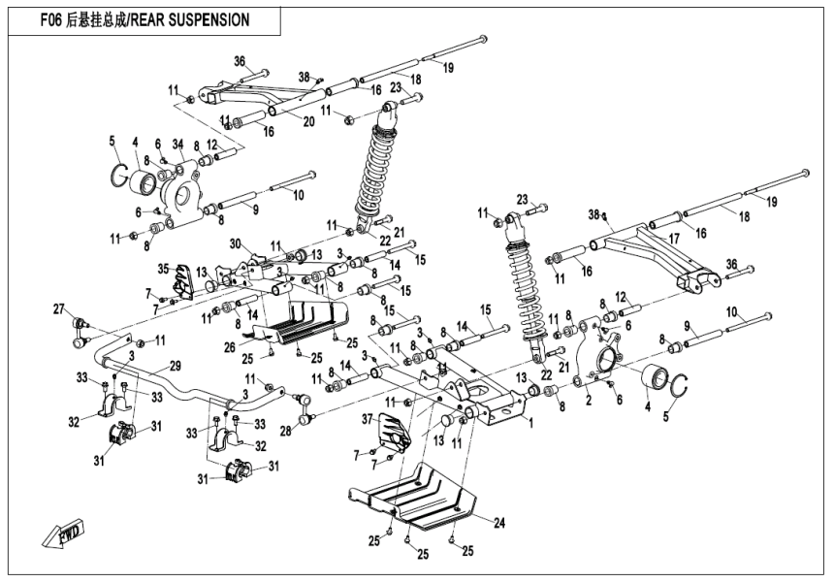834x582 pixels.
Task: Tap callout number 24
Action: pyautogui.click(x=498, y=523)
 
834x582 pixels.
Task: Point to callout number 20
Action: pyautogui.click(x=280, y=121)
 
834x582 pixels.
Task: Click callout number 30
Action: pyautogui.click(x=234, y=243)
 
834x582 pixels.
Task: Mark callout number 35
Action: pyautogui.click(x=164, y=268)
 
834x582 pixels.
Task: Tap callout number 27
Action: pyautogui.click(x=58, y=309)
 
